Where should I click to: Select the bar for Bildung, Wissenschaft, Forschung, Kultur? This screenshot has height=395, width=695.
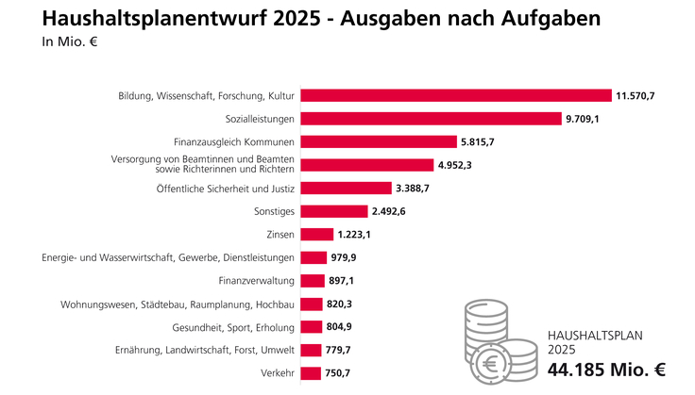tap(456, 95)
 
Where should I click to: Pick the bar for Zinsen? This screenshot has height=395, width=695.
tap(316, 234)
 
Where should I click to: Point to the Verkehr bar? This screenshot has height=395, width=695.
tap(310, 372)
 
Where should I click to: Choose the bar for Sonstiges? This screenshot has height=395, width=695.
tap(333, 211)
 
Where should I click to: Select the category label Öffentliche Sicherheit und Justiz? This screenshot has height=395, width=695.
tap(226, 189)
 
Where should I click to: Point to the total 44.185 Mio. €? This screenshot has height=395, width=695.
tap(607, 370)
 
